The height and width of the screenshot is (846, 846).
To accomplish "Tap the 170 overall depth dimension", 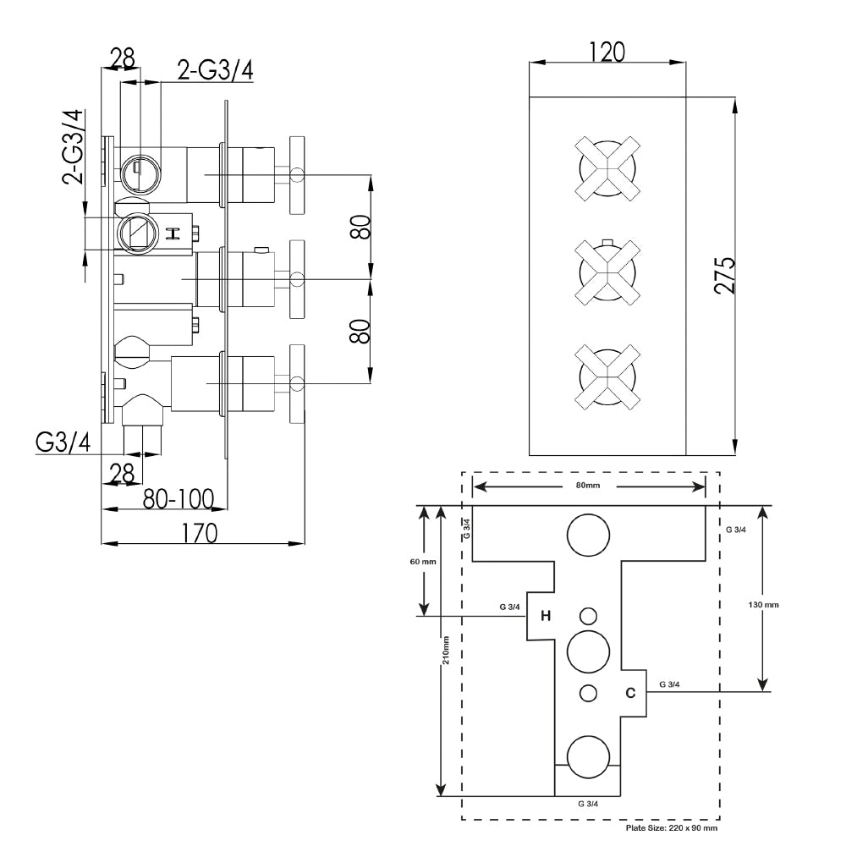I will tap(201, 532).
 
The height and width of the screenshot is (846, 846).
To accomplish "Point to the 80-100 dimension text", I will tap(177, 498).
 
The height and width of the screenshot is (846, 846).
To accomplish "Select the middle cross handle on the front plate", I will tap(606, 272).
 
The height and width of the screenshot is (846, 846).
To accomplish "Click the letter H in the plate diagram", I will tap(546, 616).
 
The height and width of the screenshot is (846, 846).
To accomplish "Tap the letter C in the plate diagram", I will tap(629, 693).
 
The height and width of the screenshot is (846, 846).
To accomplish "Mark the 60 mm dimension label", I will tap(422, 562).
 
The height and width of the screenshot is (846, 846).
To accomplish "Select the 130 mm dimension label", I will tap(764, 605).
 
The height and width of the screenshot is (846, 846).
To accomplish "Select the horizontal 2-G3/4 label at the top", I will tap(215, 69).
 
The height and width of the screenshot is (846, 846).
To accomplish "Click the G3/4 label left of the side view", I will tap(63, 442).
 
